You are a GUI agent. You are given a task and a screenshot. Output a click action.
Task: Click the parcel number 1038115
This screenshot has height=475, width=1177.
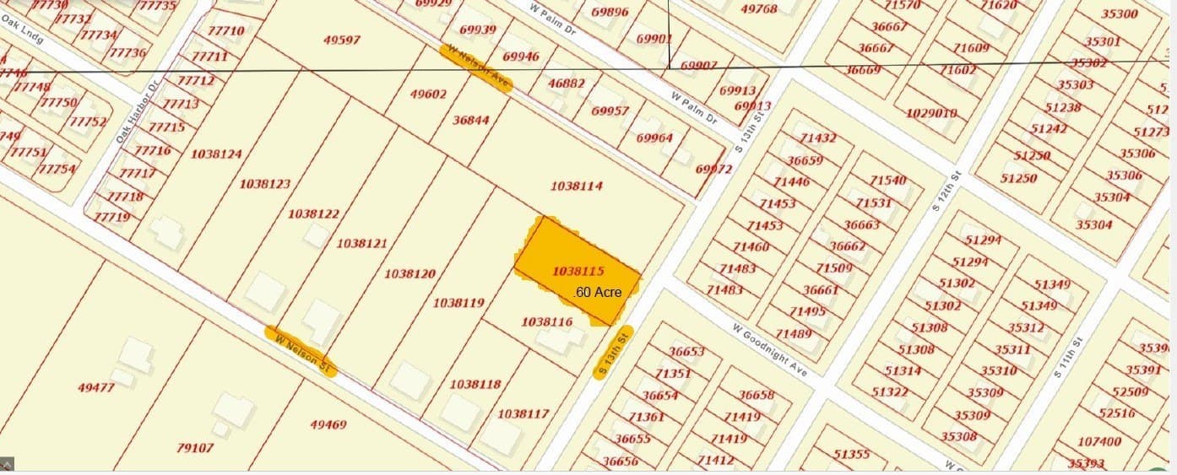click(578, 272)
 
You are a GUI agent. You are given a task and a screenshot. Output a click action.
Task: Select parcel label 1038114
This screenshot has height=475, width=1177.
click(577, 186)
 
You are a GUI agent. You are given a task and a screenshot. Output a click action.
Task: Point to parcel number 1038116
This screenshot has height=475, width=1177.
click(547, 321)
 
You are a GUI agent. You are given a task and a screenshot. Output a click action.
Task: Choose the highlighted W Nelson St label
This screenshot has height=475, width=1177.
click(301, 350)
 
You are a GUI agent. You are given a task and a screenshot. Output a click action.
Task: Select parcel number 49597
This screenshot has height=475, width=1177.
click(342, 40)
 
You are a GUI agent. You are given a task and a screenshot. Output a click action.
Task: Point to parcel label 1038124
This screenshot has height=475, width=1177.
click(216, 154)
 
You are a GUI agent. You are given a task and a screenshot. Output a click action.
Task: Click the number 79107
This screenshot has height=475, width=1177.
click(195, 448)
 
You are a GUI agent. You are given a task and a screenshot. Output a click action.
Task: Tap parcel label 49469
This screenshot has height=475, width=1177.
click(328, 424)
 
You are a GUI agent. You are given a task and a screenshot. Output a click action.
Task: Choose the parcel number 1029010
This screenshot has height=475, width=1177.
click(931, 113)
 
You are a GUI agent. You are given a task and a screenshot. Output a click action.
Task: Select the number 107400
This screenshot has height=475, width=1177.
click(1100, 441)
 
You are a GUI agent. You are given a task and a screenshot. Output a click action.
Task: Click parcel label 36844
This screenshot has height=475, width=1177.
click(470, 120)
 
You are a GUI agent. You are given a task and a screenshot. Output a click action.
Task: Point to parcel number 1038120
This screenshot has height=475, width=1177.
click(410, 273)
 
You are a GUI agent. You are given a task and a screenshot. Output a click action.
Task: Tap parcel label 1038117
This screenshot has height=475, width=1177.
click(523, 413)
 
